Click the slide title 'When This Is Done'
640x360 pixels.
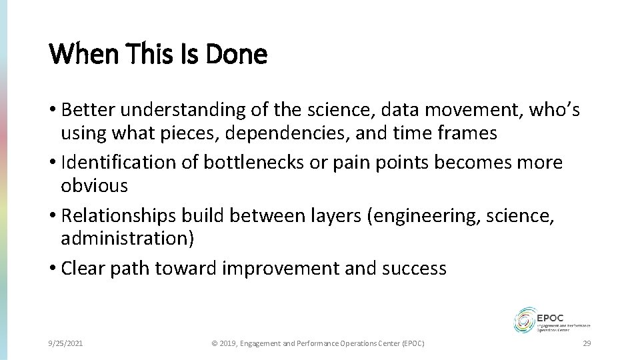[x=158, y=54]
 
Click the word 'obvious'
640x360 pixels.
[x=94, y=185]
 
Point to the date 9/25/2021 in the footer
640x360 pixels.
[x=67, y=343]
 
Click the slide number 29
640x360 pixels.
[x=587, y=343]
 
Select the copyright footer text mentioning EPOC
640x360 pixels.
[x=317, y=343]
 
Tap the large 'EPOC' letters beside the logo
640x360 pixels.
[x=555, y=315]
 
